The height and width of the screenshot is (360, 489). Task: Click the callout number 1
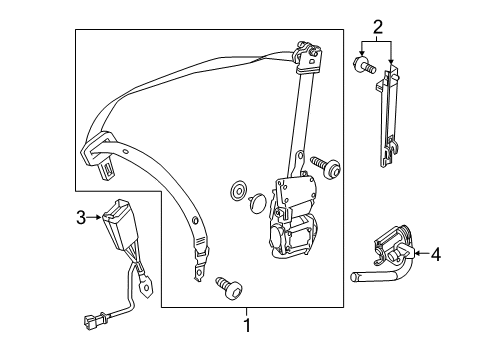[247, 325]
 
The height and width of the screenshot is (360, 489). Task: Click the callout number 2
[377, 27]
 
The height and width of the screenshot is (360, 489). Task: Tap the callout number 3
[81, 218]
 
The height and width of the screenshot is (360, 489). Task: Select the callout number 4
[436, 254]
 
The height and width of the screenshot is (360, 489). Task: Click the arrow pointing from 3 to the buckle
[94, 217]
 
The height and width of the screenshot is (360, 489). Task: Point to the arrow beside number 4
[421, 254]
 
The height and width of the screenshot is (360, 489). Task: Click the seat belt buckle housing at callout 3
[120, 224]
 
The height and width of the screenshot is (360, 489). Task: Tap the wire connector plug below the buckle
[95, 321]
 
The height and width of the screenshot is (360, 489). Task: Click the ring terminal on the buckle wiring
[146, 286]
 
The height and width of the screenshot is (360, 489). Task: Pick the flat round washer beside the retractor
[238, 191]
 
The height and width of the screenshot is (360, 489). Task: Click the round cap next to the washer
[257, 203]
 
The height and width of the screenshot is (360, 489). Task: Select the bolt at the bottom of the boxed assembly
[229, 288]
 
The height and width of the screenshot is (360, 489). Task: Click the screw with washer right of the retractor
[325, 165]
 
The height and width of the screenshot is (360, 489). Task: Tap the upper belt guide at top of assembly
[309, 57]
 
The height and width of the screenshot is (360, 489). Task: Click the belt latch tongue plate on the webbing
[99, 152]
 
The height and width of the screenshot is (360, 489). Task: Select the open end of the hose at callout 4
[354, 277]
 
